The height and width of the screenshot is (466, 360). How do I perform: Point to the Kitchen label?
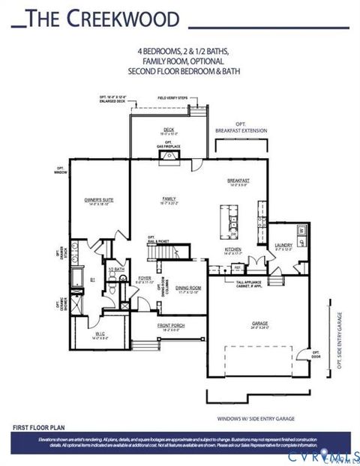[232, 250]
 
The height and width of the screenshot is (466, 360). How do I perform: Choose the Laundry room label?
[283, 245]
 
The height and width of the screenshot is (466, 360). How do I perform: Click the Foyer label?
[142, 280]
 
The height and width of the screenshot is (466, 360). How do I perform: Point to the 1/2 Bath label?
[116, 270]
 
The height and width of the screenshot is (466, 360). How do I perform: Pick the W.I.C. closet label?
[99, 335]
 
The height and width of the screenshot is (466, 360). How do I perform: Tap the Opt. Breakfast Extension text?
[241, 127]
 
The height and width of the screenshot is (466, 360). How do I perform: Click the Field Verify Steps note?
[172, 98]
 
